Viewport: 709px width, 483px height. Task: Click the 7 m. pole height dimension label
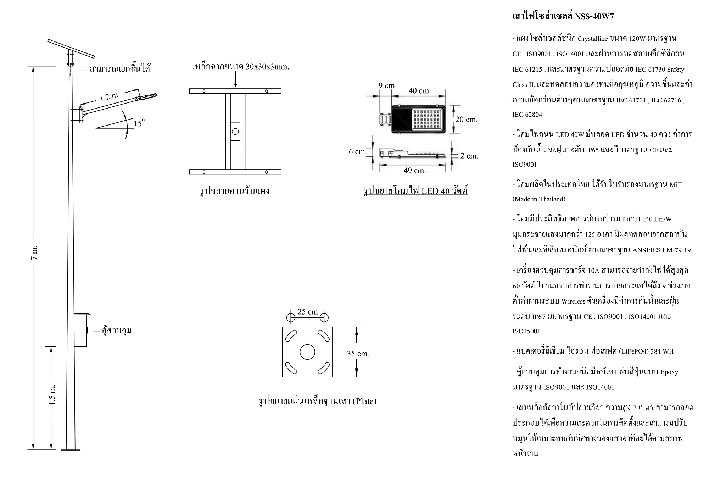[x=34, y=252]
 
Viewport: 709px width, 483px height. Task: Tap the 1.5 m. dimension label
[x=52, y=394]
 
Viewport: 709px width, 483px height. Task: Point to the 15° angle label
[x=139, y=123]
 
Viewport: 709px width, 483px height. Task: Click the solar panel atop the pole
[x=71, y=48]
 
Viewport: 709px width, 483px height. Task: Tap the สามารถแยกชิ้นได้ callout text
[x=120, y=69]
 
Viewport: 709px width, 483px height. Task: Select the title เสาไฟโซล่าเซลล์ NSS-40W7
[x=563, y=16]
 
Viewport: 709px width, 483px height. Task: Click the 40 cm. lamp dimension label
[x=419, y=91]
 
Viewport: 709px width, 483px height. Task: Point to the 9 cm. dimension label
[x=387, y=86]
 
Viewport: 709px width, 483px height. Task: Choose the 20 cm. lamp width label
[x=466, y=120]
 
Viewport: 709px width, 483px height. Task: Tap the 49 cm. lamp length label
[x=414, y=171]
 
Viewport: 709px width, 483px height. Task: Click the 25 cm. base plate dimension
[x=308, y=312]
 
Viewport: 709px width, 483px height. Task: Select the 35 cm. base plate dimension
[x=358, y=354]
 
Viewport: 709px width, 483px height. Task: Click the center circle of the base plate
[x=307, y=352]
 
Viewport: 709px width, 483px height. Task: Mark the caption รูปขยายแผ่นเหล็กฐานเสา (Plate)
[x=317, y=401]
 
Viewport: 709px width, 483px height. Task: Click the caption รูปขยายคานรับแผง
[x=235, y=191]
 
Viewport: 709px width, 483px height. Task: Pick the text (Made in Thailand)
[x=539, y=199]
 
